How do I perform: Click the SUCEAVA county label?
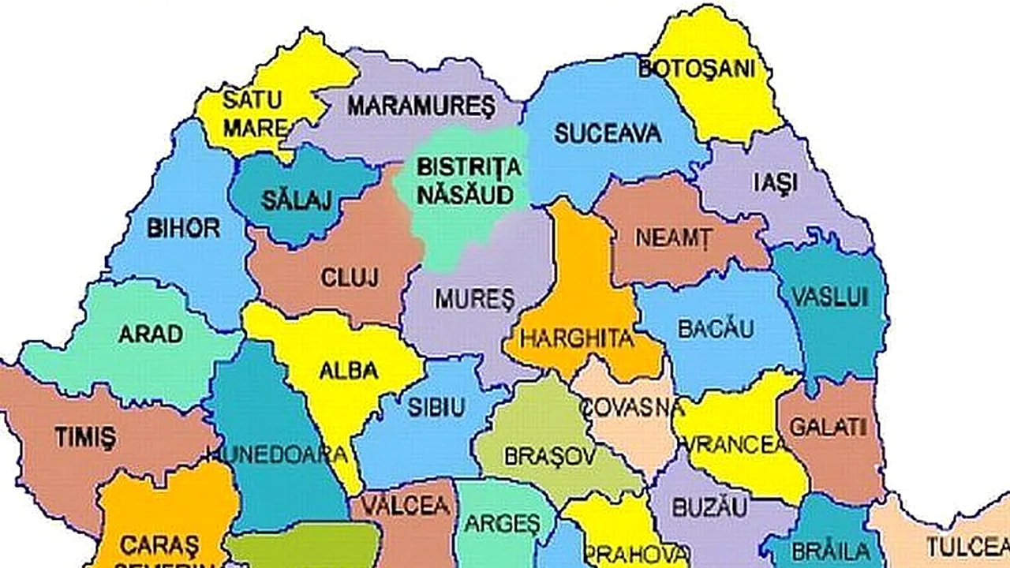tap(608, 133)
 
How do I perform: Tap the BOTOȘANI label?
tap(697, 69)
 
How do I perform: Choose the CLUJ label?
tap(350, 278)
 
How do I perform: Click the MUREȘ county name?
tap(474, 299)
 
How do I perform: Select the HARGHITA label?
tap(579, 340)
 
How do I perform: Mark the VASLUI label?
tap(829, 297)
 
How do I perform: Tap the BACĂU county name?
tap(716, 329)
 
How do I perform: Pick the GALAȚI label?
tap(828, 428)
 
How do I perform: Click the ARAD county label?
tap(151, 334)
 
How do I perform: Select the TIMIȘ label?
tap(85, 436)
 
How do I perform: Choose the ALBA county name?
tap(349, 371)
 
